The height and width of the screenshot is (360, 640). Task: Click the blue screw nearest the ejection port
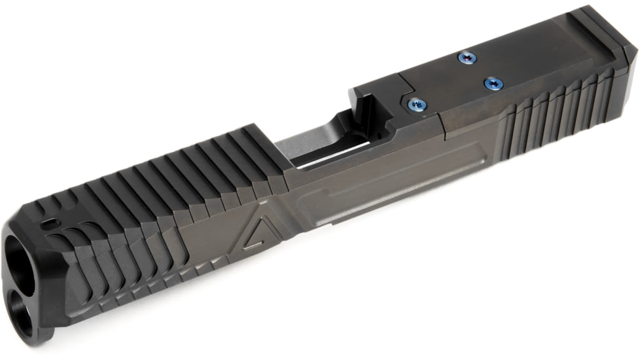[414, 103]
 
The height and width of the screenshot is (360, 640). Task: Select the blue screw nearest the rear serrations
[492, 82]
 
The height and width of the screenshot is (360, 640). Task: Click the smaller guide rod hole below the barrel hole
[24, 307]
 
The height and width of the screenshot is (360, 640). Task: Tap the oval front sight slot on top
[50, 223]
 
